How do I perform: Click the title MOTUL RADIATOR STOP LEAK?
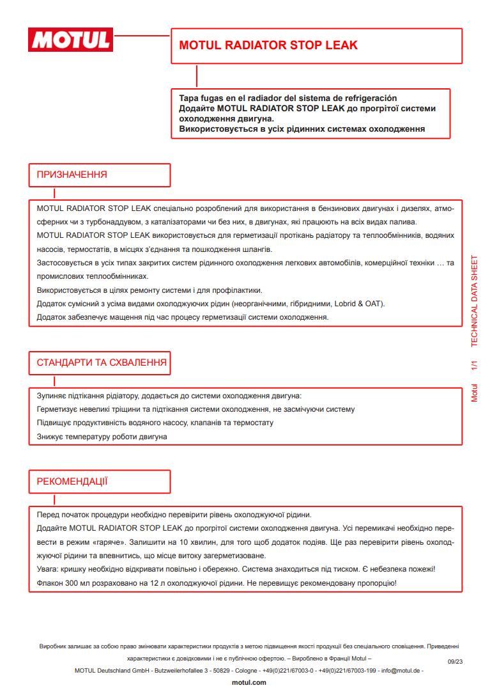tap(268, 45)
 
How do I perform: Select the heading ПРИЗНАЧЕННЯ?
tap(72, 175)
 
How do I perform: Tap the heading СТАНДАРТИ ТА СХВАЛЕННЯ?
tap(102, 363)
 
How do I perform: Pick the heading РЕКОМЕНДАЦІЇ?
tap(72, 481)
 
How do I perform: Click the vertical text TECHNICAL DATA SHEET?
tap(474, 301)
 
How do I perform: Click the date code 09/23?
tap(455, 662)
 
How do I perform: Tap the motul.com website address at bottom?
tap(249, 683)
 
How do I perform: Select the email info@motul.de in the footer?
tap(400, 671)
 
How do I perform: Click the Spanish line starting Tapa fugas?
tap(288, 98)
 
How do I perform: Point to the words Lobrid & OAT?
tap(356, 304)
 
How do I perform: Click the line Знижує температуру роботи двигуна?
tap(102, 437)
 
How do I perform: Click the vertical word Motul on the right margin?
tap(474, 392)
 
